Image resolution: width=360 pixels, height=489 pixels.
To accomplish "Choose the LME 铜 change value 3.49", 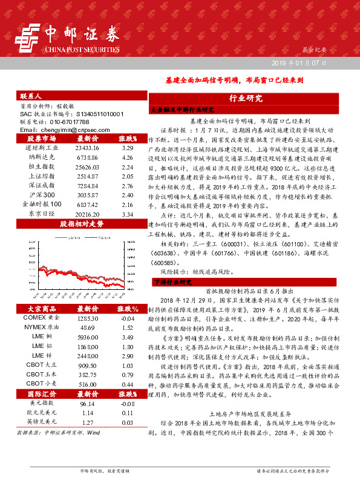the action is point(127,336).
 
